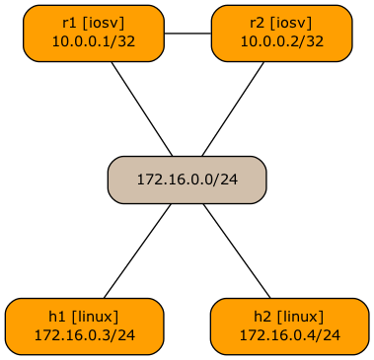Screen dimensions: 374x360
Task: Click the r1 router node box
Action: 93,33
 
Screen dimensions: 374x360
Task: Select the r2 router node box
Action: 281,33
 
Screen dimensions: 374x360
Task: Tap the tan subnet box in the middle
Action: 187,180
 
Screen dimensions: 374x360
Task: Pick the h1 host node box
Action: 84,325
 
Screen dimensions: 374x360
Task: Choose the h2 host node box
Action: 289,325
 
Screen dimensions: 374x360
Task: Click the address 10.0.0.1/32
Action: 93,42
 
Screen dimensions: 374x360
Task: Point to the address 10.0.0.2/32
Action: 281,42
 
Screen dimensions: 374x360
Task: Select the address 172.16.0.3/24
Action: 84,335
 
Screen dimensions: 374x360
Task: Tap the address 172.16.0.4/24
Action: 289,335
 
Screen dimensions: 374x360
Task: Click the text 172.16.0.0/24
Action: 187,180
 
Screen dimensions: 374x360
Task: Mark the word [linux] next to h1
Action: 96,317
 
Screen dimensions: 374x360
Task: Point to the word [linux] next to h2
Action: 301,317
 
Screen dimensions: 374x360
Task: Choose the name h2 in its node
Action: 262,317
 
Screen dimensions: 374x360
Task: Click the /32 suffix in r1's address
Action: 123,42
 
